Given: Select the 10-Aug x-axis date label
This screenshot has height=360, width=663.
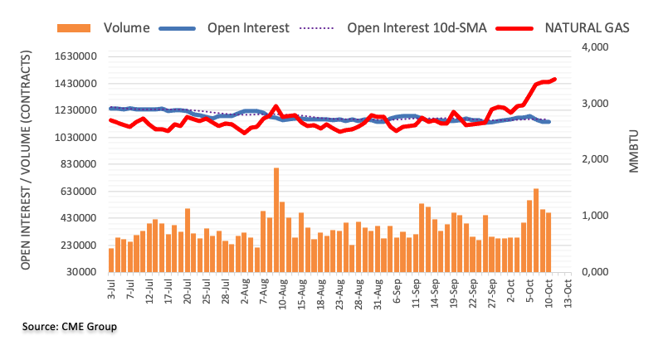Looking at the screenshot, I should point(283,294).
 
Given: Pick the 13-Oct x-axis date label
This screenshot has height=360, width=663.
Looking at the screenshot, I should point(568,294).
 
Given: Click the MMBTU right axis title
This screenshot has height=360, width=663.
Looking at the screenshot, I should point(634,152).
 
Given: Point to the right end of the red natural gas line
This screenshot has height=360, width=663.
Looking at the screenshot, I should point(554,79).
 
